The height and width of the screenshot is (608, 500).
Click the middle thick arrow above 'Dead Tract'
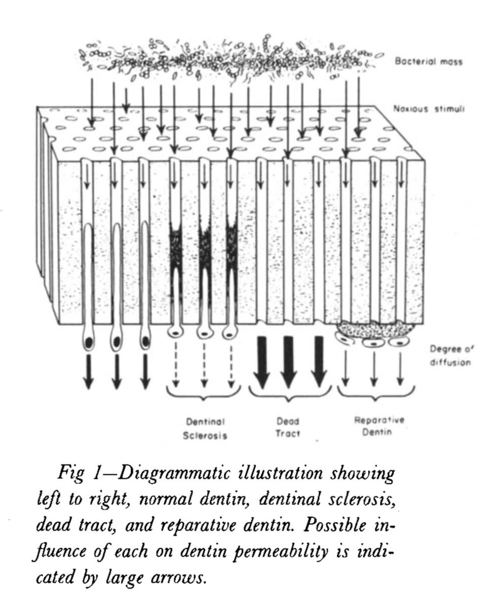[x=288, y=361]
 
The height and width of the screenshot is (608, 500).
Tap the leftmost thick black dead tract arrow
[x=262, y=361]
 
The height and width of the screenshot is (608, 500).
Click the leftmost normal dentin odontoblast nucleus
[x=89, y=343]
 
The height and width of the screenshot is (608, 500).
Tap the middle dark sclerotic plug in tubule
[x=204, y=242]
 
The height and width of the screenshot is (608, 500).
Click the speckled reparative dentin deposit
[x=374, y=329]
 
